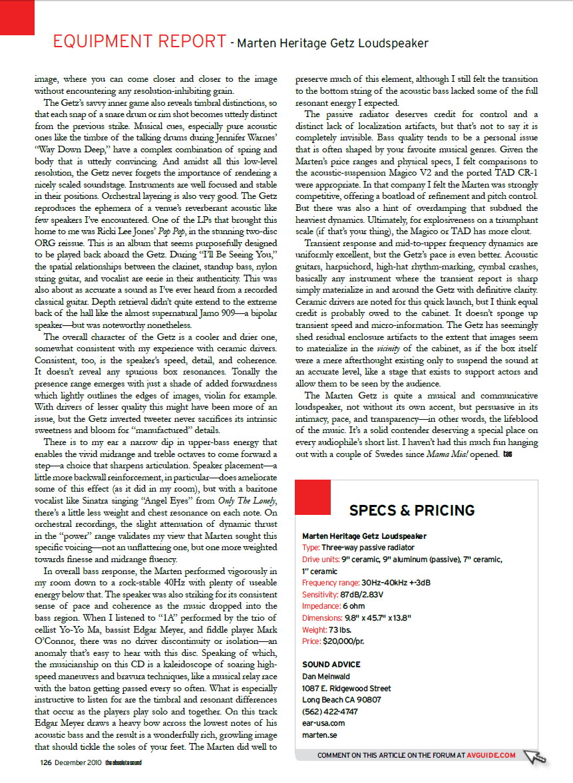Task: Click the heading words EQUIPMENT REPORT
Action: [139, 42]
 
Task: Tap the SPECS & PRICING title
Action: [412, 510]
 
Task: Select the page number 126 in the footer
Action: [45, 762]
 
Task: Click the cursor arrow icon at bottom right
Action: [534, 757]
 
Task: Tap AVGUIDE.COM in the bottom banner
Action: [491, 755]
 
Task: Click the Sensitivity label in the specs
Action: [320, 593]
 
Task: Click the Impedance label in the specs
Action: [321, 605]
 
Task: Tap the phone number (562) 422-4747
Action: [330, 711]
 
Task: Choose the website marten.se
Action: [319, 734]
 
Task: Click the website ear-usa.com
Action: [323, 722]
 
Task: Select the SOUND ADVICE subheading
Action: [331, 664]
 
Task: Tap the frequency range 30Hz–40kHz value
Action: [389, 582]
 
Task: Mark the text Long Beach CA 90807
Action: [341, 699]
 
